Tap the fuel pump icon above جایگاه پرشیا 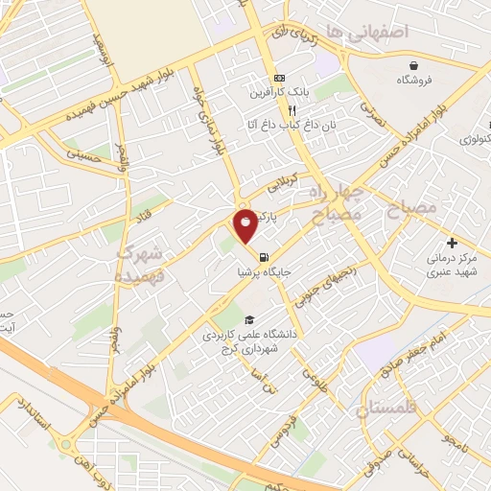pyautogui.click(x=263, y=255)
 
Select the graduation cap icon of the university pyautogui.click(x=249, y=319)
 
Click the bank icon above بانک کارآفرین pyautogui.click(x=278, y=78)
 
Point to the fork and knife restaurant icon pyautogui.click(x=278, y=108)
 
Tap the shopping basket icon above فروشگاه pyautogui.click(x=412, y=65)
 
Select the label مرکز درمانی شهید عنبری pyautogui.click(x=448, y=266)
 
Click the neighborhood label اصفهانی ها pyautogui.click(x=367, y=33)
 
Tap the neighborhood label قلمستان pyautogui.click(x=388, y=410)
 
